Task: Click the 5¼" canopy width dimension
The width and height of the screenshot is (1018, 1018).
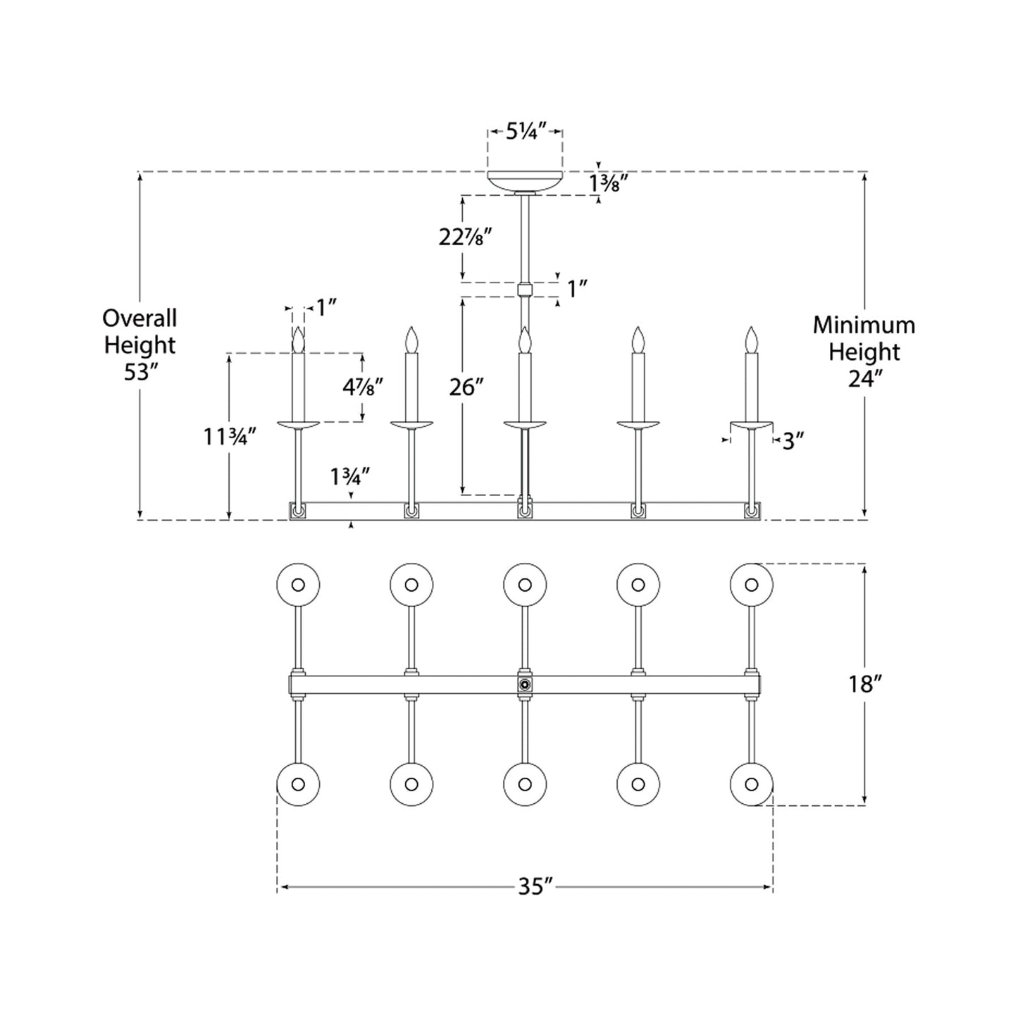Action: [x=526, y=132]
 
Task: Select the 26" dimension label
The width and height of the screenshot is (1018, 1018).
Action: [x=466, y=387]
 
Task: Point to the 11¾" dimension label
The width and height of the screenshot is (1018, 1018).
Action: [x=227, y=437]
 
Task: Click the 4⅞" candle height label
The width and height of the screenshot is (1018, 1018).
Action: [x=363, y=387]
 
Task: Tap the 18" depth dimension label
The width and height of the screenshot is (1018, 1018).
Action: [x=861, y=683]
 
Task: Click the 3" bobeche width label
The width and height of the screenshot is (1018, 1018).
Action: [x=793, y=442]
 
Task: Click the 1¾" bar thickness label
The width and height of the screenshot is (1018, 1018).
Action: [x=350, y=478]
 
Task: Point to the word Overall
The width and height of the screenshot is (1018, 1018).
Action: [x=139, y=318]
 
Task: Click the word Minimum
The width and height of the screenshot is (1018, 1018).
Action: [x=864, y=325]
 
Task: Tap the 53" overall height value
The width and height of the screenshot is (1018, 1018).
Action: [x=139, y=372]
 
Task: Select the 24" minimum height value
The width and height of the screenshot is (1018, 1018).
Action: [x=864, y=379]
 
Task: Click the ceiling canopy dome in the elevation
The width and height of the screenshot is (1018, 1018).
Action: [x=526, y=180]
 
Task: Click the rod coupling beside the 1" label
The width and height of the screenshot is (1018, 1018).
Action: [x=524, y=289]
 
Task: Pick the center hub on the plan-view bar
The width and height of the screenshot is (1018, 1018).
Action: [x=524, y=684]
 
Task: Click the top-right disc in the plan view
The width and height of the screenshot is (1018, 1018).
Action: [x=752, y=585]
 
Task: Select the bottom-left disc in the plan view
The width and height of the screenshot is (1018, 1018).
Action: [x=298, y=784]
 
